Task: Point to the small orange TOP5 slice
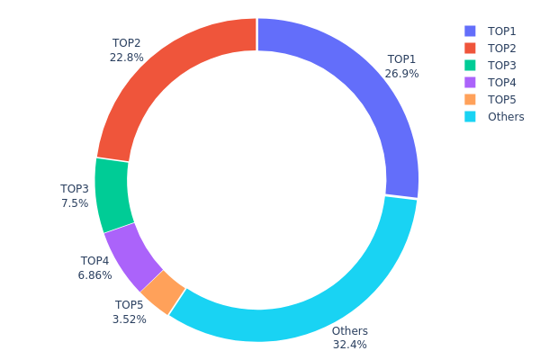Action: pos(163,292)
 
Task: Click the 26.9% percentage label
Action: pos(401,74)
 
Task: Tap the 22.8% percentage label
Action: pos(126,57)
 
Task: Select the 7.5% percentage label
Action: pos(75,203)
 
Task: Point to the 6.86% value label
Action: pos(94,274)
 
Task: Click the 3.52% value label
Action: pos(130,319)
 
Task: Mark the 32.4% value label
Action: pos(349,344)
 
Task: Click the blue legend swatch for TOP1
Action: pos(470,31)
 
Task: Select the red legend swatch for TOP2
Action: pos(470,48)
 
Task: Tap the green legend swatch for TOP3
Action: pos(470,65)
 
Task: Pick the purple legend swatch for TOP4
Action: pos(470,82)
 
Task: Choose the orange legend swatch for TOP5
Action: pos(470,99)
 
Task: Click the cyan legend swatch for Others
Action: pos(470,116)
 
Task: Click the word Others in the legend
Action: pos(505,116)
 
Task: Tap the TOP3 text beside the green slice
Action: pos(75,189)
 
